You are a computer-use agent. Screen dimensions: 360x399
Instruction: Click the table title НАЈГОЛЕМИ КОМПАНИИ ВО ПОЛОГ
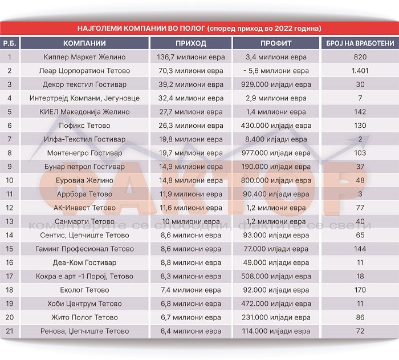click(x=199, y=28)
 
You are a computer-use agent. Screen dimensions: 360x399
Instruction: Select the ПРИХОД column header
click(x=191, y=43)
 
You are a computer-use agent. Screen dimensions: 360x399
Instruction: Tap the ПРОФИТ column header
click(x=276, y=43)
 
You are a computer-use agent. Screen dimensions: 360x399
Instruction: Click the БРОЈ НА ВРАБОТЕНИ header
click(x=360, y=43)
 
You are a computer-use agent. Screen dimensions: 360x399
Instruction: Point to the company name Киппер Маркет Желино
click(x=84, y=57)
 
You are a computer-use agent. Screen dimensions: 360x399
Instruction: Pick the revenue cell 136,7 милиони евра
click(x=191, y=57)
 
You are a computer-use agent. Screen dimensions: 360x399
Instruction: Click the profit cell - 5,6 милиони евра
click(x=276, y=71)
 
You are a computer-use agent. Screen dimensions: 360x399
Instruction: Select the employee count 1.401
click(x=360, y=71)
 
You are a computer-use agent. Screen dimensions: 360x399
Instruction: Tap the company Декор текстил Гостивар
click(x=84, y=84)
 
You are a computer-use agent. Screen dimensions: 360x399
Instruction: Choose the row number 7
click(x=10, y=139)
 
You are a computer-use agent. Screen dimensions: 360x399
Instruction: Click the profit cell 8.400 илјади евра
click(x=276, y=139)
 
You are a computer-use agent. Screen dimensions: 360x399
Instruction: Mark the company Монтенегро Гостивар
click(x=84, y=153)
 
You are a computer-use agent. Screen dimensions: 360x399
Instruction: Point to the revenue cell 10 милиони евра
click(x=191, y=221)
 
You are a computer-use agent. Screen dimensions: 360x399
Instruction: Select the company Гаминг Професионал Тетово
click(x=84, y=249)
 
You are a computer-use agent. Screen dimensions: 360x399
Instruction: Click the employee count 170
click(x=360, y=290)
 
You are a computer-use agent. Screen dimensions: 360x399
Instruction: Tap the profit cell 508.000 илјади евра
click(x=276, y=276)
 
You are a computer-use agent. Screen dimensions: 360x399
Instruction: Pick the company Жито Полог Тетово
click(x=84, y=317)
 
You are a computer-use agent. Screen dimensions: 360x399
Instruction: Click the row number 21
click(x=10, y=331)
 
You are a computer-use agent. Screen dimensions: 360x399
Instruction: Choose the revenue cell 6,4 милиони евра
click(x=191, y=331)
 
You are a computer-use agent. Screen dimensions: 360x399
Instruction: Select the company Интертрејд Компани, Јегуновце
click(x=84, y=98)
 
